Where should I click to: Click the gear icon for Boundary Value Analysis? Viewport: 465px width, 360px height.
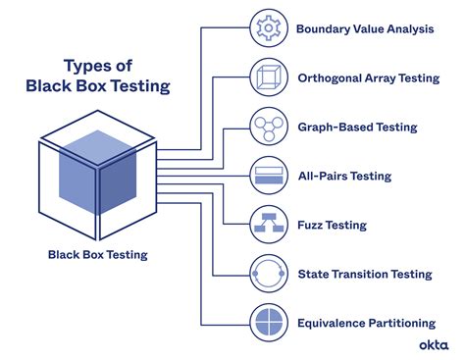click(268, 28)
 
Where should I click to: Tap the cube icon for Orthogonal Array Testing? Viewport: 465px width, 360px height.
click(268, 77)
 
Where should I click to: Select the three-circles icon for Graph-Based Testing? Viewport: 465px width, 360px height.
click(268, 127)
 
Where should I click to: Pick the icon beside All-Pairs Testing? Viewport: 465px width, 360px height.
click(268, 176)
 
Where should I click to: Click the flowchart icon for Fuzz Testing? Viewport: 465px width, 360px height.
click(268, 225)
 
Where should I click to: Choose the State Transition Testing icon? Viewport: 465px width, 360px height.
click(268, 273)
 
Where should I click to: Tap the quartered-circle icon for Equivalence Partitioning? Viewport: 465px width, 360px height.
click(268, 322)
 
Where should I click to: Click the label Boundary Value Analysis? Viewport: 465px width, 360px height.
click(364, 28)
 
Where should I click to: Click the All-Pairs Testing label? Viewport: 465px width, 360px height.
click(344, 176)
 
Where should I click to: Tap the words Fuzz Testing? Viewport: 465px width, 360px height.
click(332, 225)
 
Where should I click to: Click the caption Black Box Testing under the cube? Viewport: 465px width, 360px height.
click(98, 255)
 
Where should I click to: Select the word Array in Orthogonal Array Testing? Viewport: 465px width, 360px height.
click(388, 77)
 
